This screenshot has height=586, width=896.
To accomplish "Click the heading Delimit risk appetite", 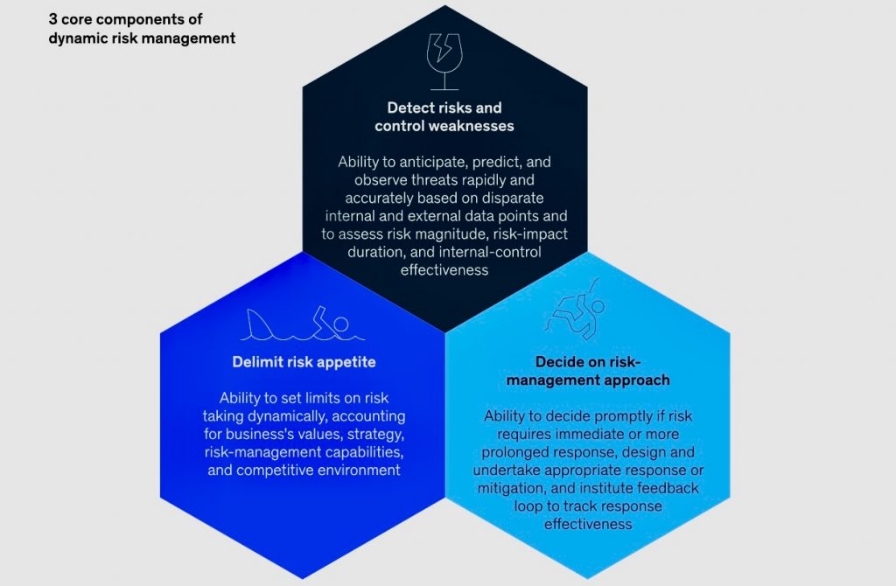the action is [x=304, y=362].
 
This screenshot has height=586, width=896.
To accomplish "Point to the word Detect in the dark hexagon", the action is [x=409, y=108].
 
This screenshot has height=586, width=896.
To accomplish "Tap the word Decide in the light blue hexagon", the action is [x=556, y=362].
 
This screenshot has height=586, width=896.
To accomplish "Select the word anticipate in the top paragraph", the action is [x=433, y=162].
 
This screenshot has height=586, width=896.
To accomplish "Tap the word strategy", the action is [x=375, y=435].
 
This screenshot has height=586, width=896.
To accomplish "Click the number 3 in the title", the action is [x=52, y=19].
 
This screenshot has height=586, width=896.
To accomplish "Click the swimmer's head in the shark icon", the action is [x=341, y=324].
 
